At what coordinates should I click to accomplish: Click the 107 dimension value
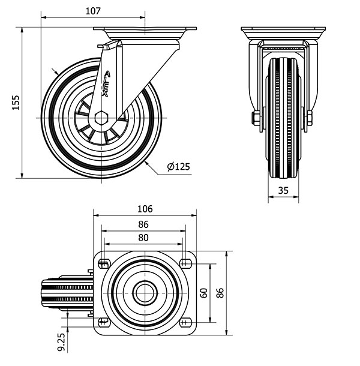click(93, 11)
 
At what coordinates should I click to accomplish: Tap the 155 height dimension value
click(16, 102)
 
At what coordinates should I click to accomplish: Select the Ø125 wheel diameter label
click(179, 166)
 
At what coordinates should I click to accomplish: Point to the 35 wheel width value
click(283, 190)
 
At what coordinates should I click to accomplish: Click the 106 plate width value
click(145, 209)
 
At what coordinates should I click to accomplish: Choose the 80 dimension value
click(143, 238)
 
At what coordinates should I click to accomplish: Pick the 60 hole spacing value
click(204, 293)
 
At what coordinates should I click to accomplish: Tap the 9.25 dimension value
click(61, 342)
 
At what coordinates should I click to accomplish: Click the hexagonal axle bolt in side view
click(101, 118)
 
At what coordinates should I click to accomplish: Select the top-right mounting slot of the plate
click(185, 264)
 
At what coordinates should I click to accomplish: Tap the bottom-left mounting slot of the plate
click(104, 322)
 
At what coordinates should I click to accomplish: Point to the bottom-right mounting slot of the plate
click(185, 322)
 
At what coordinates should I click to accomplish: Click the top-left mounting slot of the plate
click(104, 264)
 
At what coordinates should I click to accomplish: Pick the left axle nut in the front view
click(256, 118)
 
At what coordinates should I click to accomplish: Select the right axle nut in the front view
click(310, 118)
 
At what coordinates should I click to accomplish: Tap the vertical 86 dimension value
click(220, 293)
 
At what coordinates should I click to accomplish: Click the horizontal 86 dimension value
click(143, 224)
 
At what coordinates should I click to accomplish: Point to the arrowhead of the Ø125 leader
click(146, 163)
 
